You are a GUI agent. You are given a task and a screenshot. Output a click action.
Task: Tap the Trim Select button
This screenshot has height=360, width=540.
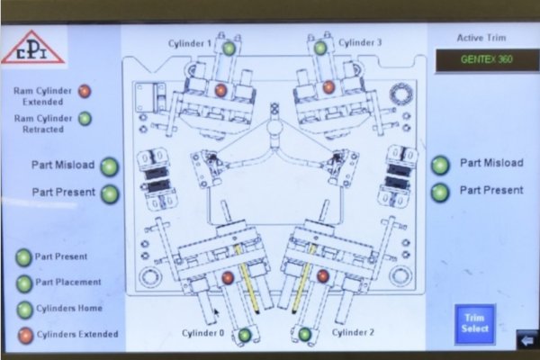(474, 322)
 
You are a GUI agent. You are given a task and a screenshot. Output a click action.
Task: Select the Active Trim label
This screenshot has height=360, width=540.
(481, 38)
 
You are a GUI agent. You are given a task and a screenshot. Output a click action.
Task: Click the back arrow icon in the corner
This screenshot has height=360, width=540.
(527, 340)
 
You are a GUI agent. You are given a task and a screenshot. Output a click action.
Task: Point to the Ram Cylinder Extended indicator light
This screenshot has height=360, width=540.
(85, 91)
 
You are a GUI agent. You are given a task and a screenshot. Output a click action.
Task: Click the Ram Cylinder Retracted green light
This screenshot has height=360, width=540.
(85, 118)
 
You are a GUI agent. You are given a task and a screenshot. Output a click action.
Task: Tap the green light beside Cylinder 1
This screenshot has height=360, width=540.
(229, 48)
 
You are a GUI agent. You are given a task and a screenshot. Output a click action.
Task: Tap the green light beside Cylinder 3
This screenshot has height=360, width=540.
(320, 48)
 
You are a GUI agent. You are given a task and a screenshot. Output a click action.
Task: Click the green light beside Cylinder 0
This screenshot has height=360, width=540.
(244, 335)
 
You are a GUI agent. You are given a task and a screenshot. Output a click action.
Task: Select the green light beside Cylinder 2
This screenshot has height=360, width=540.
(305, 335)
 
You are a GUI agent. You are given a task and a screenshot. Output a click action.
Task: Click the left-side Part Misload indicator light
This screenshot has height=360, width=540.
(109, 166)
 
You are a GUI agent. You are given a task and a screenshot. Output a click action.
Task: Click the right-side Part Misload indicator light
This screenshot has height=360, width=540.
(440, 165)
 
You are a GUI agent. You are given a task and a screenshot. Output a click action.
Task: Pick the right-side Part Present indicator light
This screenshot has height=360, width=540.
(440, 192)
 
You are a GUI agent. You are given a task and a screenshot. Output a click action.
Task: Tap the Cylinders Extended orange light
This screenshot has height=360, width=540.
(24, 335)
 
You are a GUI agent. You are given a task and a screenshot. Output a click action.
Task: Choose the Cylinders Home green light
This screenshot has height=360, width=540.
(24, 309)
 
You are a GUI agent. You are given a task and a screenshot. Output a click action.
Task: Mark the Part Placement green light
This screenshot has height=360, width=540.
(24, 283)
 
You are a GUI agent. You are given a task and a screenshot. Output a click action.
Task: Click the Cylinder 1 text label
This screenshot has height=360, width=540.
(189, 43)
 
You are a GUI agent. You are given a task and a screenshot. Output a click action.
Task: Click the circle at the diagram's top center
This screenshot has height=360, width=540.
(275, 128)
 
